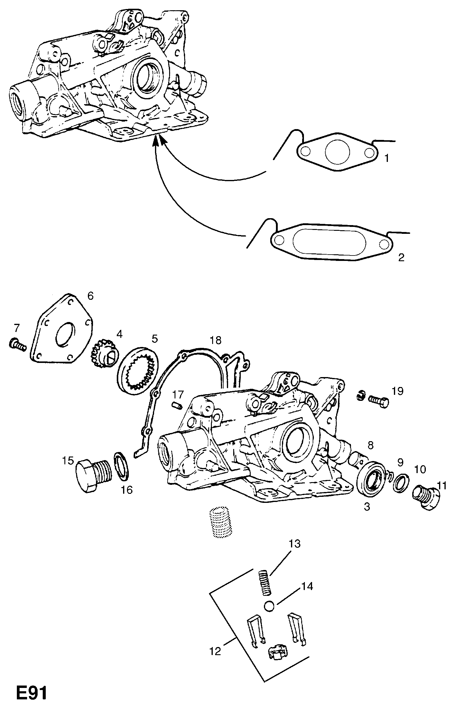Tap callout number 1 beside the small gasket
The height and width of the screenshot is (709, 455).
(387, 158)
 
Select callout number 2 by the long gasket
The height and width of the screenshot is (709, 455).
(401, 258)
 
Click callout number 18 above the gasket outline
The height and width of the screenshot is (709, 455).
(216, 340)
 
